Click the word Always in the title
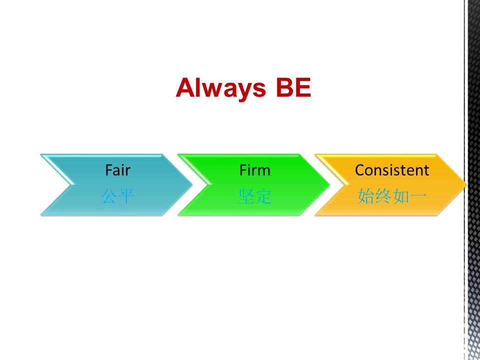(221, 88)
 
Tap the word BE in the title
(293, 87)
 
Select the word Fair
(118, 170)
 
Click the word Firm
(255, 170)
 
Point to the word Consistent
(392, 170)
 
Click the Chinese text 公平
(118, 196)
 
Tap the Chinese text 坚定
(255, 196)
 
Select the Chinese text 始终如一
(392, 196)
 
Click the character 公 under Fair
(109, 196)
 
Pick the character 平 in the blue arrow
(126, 196)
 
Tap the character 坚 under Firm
(246, 196)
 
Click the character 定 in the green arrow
(263, 196)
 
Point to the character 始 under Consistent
(366, 196)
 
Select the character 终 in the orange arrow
(383, 196)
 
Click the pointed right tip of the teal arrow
(192, 184)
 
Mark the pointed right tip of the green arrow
(329, 184)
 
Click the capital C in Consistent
(360, 170)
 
